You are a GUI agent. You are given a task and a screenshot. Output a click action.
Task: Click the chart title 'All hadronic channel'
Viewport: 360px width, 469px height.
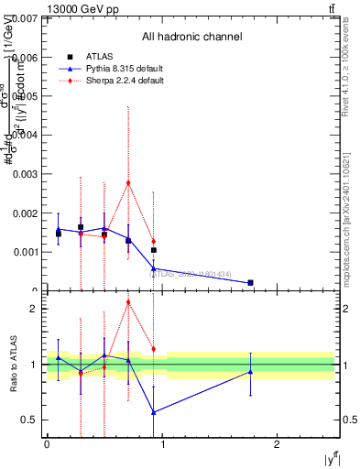coord(191,38)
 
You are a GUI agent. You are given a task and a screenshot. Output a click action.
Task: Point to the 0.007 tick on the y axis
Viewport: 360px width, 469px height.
coord(25,18)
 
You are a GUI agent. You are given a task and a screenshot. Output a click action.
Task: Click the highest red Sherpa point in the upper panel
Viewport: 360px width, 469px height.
coord(128,182)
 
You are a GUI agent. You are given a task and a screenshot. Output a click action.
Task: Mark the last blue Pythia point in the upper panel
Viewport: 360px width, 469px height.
coord(250,283)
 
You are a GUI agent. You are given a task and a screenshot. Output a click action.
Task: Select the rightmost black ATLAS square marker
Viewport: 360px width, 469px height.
coord(153,249)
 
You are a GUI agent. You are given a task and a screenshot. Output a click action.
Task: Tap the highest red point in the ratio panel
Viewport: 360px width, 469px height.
coord(128,302)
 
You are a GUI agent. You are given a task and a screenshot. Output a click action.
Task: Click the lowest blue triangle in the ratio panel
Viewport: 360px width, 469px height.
coord(153,412)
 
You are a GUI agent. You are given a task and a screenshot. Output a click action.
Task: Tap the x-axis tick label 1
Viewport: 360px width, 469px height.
coord(162,444)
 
